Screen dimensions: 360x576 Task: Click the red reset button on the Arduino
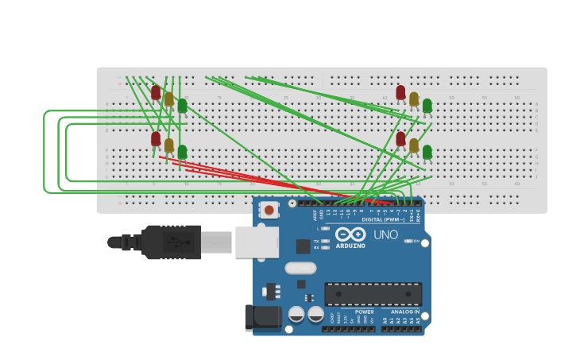coord(269,211)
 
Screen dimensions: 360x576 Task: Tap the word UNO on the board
coord(385,235)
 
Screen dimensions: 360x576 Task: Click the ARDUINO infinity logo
coord(350,234)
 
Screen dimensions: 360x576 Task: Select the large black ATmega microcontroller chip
coord(373,294)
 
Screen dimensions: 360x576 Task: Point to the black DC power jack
coord(264,318)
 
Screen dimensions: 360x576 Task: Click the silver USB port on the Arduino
coord(257,242)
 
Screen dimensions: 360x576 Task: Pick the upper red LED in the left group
coord(156,92)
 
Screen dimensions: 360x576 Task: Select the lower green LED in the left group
coord(182,151)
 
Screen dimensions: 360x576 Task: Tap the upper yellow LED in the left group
coord(168,99)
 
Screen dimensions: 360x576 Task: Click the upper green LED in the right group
coord(427,105)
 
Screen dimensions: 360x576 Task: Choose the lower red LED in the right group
coord(400,138)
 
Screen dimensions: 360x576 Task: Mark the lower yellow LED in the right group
coord(413,145)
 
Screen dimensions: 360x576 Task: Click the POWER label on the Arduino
coord(364,312)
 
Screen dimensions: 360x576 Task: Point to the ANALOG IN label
coord(404,312)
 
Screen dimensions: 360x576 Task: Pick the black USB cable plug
coord(171,242)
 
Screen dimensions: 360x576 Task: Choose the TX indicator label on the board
coord(316,241)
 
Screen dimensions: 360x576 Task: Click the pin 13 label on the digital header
coord(327,213)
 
